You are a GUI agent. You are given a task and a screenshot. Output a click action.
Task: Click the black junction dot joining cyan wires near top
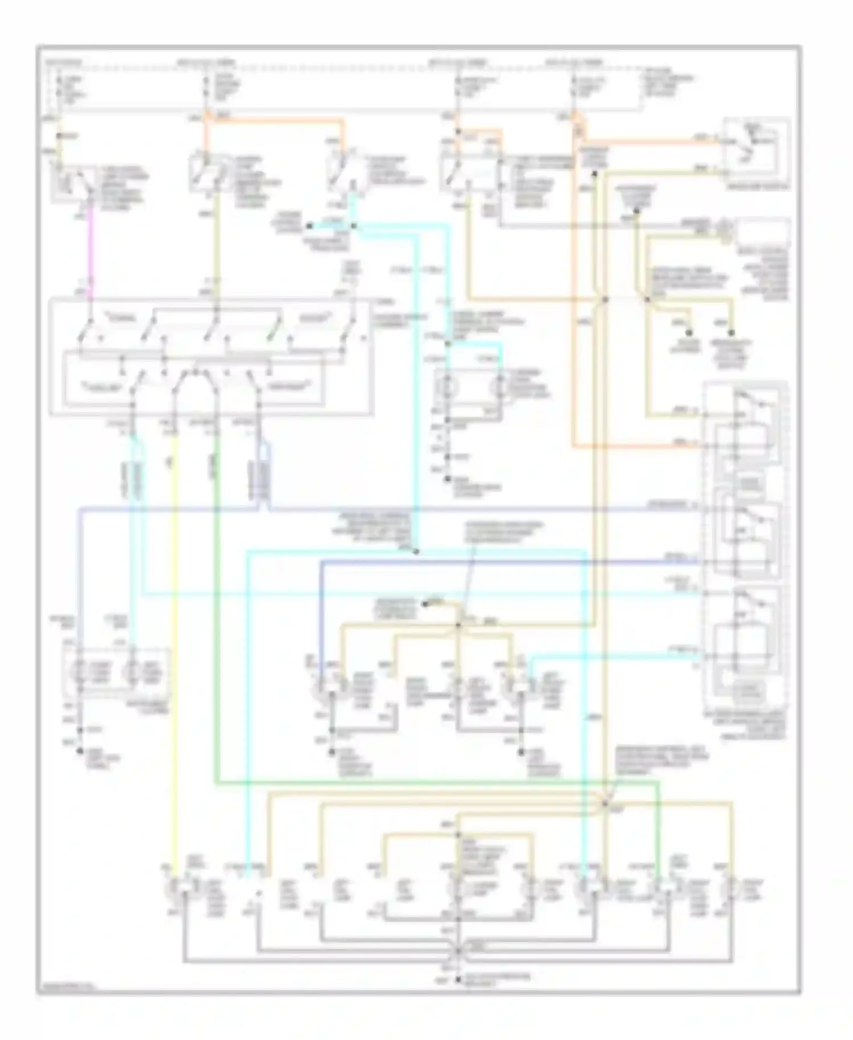coord(353,226)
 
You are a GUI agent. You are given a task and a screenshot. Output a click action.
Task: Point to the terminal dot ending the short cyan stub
coord(309,226)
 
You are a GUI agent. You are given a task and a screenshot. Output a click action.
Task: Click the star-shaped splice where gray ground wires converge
coord(458,950)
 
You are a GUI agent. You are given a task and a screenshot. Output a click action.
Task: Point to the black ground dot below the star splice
coord(458,980)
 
